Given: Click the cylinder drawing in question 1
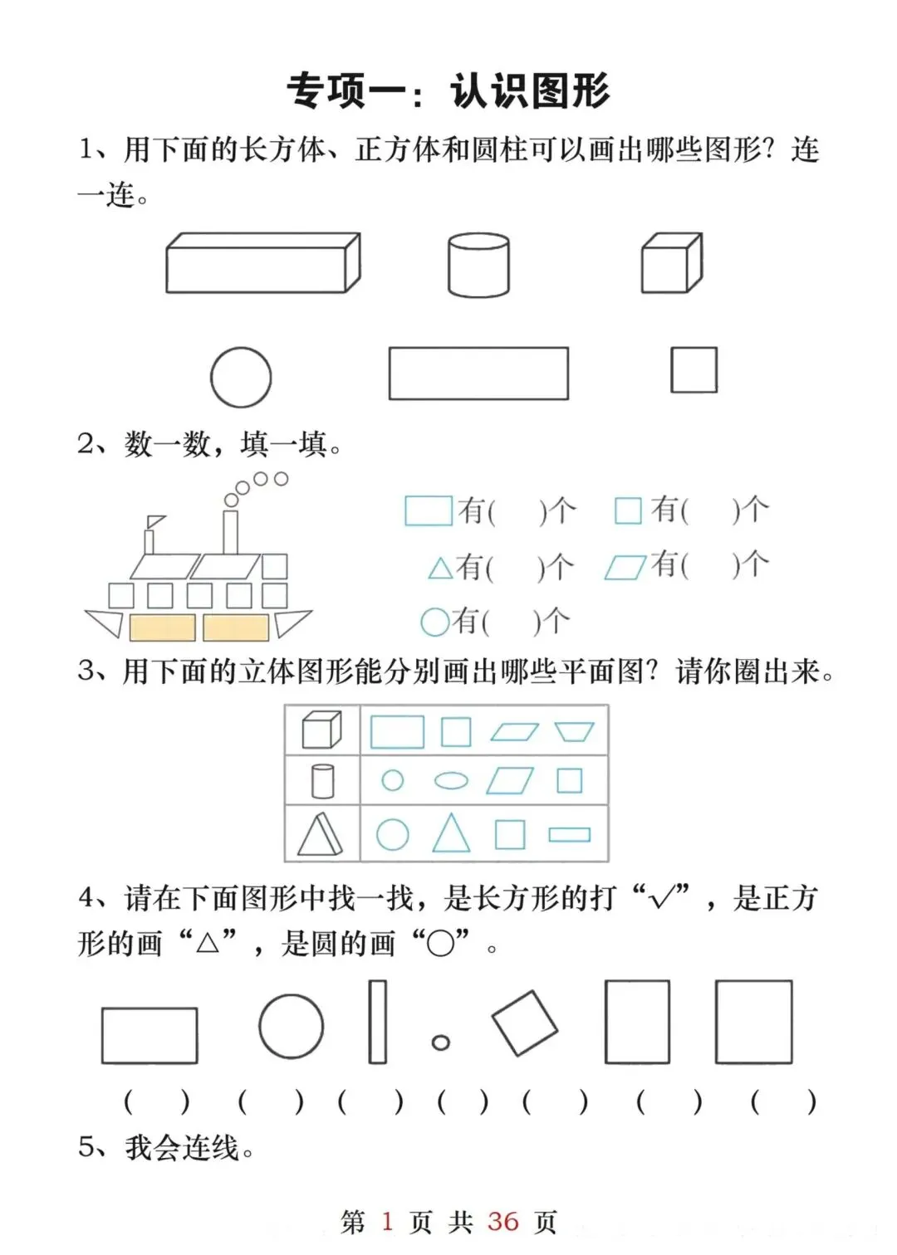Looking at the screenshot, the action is (478, 265).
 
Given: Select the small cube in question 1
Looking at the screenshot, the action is (672, 263).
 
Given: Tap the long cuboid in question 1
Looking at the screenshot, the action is (263, 262).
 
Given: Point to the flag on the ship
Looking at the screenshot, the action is (155, 521).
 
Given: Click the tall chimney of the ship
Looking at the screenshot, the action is (230, 532).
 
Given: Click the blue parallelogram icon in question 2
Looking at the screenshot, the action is (625, 567).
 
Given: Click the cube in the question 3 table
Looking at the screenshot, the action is (321, 730).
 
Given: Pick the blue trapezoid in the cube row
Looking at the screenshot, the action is (574, 732).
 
